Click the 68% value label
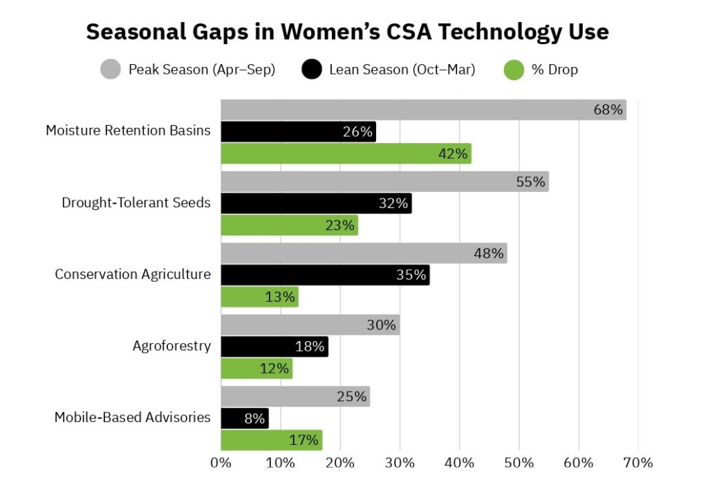click(x=608, y=110)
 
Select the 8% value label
click(x=254, y=418)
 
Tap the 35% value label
click(x=411, y=275)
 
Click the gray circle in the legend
click(x=111, y=70)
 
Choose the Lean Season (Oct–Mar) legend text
click(x=402, y=70)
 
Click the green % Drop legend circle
click(x=514, y=70)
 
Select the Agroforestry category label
click(x=171, y=346)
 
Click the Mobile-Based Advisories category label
click(x=133, y=417)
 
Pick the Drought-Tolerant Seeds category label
click(x=136, y=203)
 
